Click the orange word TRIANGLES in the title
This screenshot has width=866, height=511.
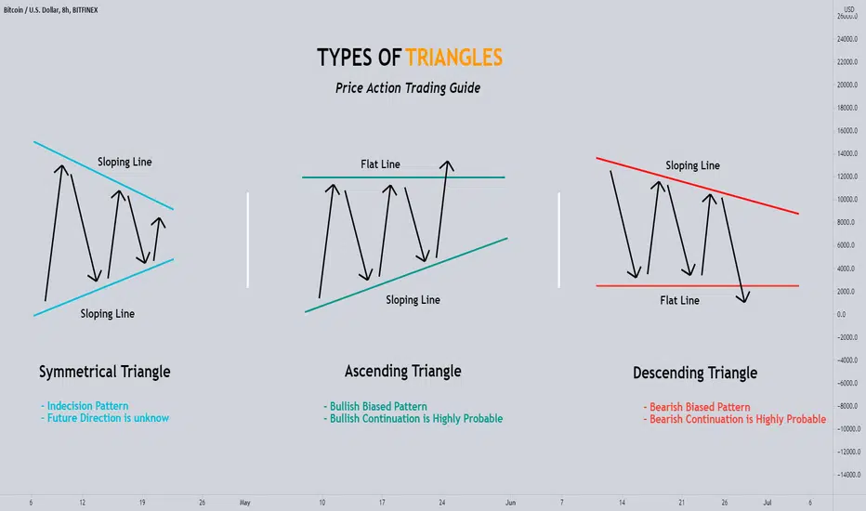tap(454, 58)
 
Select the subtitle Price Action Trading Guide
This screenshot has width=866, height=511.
tap(408, 88)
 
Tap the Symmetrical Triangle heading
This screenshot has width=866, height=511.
tap(104, 372)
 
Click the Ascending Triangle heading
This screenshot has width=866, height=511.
tap(402, 372)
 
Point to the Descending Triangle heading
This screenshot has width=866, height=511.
tap(695, 373)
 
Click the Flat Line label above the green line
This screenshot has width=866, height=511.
tap(380, 164)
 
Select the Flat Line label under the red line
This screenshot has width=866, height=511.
tap(679, 300)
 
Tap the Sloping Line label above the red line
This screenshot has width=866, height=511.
tap(692, 165)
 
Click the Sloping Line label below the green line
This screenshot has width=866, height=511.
tap(413, 300)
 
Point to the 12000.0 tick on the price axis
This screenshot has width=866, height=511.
tap(847, 177)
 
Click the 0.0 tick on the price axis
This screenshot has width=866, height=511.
tap(841, 314)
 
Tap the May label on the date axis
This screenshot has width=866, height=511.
tap(244, 503)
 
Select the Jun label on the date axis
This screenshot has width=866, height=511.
tap(510, 503)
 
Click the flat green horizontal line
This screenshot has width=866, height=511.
tap(403, 177)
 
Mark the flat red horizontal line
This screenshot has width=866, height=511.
tap(698, 285)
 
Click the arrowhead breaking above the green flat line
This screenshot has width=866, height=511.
tap(447, 164)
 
